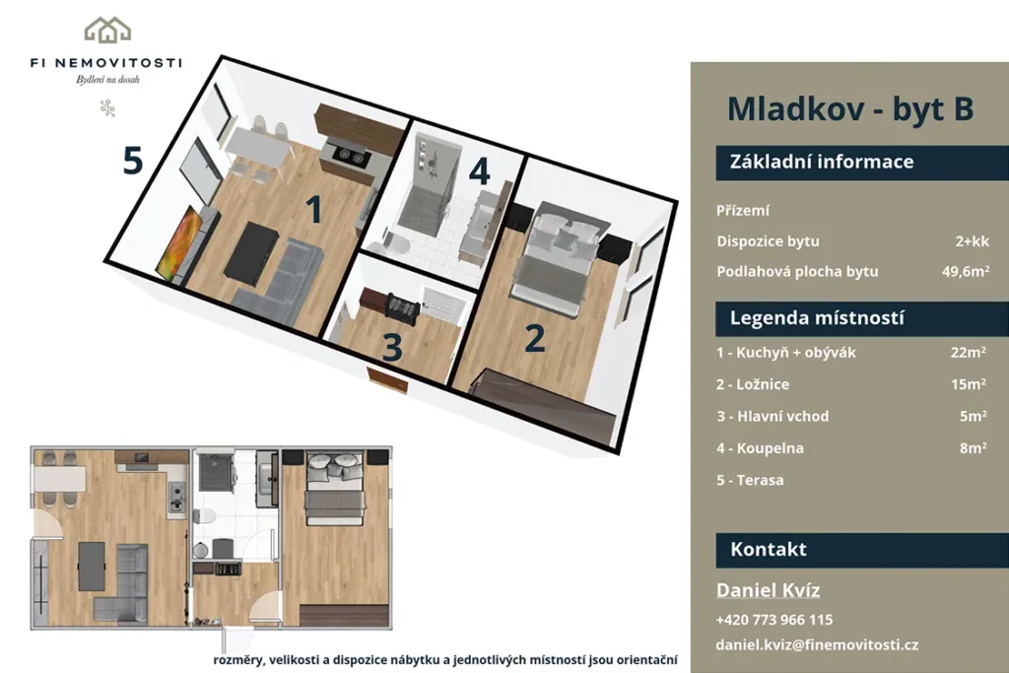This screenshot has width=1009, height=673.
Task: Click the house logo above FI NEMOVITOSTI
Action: tap(107, 30)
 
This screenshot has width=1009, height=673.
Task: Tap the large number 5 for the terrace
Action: tap(133, 161)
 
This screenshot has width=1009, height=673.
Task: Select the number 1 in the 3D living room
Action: tap(313, 209)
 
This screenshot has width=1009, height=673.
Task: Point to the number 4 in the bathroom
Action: tap(480, 170)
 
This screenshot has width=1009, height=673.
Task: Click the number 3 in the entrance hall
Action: tap(392, 348)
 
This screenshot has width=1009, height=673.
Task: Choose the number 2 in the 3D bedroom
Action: tap(535, 338)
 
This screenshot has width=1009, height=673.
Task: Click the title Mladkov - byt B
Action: tap(850, 108)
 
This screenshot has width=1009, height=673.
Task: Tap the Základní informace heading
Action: tap(821, 161)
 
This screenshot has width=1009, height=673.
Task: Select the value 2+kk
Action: tap(972, 241)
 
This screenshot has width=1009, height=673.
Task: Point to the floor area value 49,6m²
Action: tap(966, 271)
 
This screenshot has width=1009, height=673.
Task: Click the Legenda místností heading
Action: tap(817, 318)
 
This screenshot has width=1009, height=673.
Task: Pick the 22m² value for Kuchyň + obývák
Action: tap(969, 352)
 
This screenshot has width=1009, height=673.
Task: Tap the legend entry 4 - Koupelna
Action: tap(760, 447)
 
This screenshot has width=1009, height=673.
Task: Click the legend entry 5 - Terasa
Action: tap(750, 480)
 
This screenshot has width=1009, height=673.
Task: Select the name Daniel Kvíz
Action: tap(768, 590)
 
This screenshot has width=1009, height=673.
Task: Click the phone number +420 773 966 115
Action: tap(774, 620)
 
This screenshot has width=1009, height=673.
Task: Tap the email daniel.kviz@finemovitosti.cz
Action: tap(817, 644)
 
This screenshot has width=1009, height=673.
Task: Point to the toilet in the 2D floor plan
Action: tap(206, 515)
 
